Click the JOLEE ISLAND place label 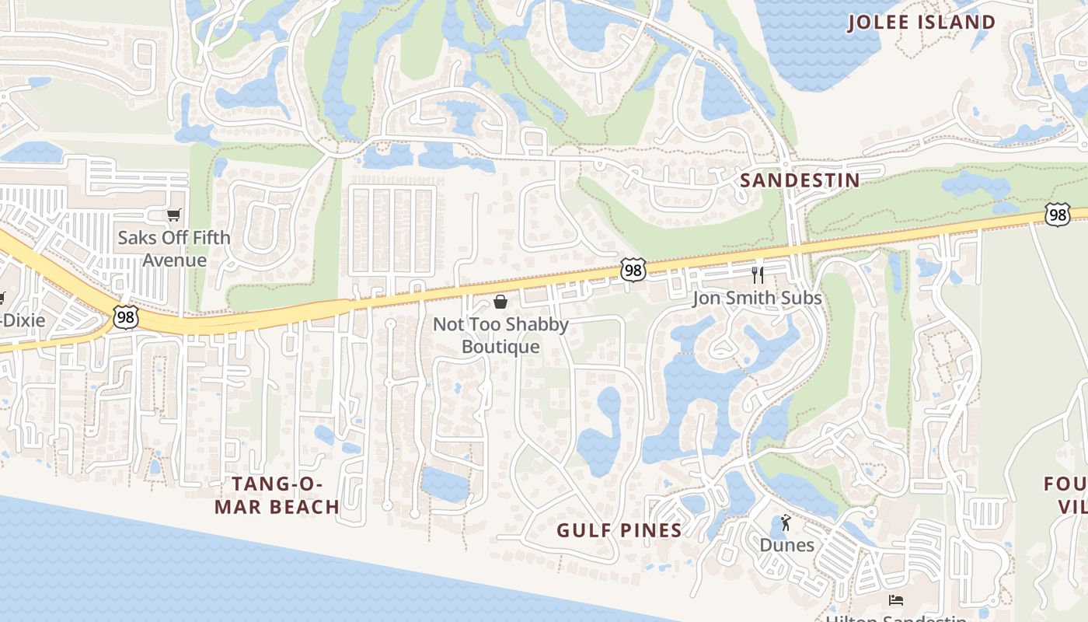click(921, 23)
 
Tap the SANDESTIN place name click(800, 180)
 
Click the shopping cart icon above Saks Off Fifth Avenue click(174, 215)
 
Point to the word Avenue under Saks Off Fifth click(174, 260)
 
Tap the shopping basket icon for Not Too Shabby click(500, 302)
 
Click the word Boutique click(500, 347)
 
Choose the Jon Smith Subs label click(756, 298)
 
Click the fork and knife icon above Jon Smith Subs click(758, 274)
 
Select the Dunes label click(786, 545)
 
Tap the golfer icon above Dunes click(785, 522)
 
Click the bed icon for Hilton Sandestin click(896, 599)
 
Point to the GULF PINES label click(619, 531)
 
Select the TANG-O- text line click(277, 484)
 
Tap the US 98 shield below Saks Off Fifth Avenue click(125, 316)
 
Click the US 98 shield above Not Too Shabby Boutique click(633, 270)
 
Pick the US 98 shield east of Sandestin click(1057, 215)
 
